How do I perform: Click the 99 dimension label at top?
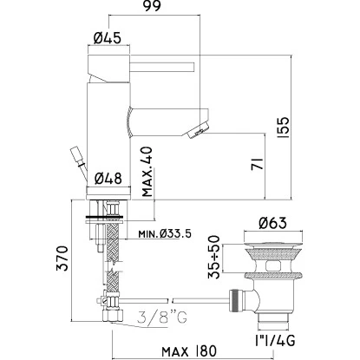pyautogui.click(x=153, y=6)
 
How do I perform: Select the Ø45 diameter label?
pyautogui.click(x=108, y=37)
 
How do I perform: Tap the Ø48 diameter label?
pyautogui.click(x=108, y=179)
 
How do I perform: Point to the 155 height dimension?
pyautogui.click(x=284, y=128)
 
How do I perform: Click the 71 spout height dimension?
pyautogui.click(x=257, y=164)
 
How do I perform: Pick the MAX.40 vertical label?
pyautogui.click(x=147, y=172)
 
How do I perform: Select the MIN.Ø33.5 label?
pyautogui.click(x=165, y=233)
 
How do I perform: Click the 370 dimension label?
pyautogui.click(x=62, y=259)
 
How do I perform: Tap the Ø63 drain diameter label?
pyautogui.click(x=273, y=223)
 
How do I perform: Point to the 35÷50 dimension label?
pyautogui.click(x=214, y=257)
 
